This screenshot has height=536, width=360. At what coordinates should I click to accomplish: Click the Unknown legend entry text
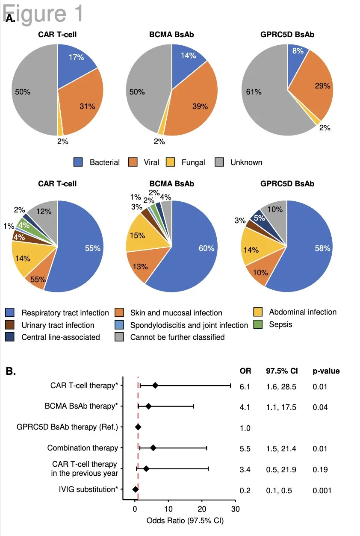click(246, 162)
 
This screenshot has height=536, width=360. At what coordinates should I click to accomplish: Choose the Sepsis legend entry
click(280, 324)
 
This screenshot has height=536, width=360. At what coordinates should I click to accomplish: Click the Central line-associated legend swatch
click(10, 337)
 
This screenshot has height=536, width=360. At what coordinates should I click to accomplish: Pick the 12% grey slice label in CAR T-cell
click(44, 211)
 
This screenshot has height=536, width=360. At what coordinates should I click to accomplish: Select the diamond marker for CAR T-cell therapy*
click(155, 386)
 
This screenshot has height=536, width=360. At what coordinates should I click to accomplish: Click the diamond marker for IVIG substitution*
click(135, 489)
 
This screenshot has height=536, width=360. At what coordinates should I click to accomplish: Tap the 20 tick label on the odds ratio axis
click(201, 509)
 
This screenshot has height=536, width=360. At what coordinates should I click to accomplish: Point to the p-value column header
click(326, 371)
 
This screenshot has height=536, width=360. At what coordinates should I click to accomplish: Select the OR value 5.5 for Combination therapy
click(245, 448)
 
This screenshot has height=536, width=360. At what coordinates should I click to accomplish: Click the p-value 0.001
click(322, 490)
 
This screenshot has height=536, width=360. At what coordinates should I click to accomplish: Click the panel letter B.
click(11, 371)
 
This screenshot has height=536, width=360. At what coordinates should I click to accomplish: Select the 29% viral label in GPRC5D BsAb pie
click(322, 86)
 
